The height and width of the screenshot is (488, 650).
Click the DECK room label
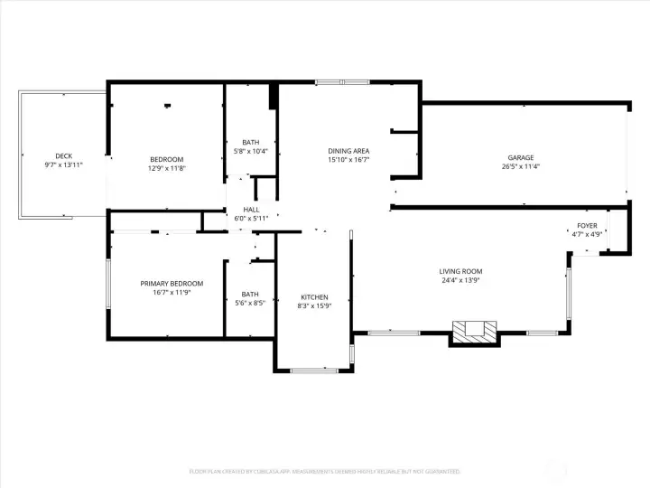(x=63, y=156)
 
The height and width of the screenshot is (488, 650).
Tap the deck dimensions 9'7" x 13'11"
(x=63, y=165)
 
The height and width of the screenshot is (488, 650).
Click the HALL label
(x=251, y=210)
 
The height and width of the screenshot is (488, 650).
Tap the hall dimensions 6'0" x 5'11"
(x=251, y=219)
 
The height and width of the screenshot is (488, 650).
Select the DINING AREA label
(x=348, y=150)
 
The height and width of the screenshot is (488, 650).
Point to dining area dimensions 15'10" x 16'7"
(x=348, y=159)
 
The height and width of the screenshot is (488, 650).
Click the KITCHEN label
(x=314, y=296)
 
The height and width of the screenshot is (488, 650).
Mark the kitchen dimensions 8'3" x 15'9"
(x=314, y=305)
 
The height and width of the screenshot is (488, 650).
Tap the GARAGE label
(x=521, y=157)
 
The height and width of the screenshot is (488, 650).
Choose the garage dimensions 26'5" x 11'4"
(x=521, y=166)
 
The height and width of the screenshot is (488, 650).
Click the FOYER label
(x=587, y=225)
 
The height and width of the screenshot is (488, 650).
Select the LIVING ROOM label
(x=460, y=271)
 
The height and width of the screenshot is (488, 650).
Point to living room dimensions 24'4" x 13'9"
(x=460, y=280)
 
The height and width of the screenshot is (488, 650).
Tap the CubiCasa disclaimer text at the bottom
(x=325, y=471)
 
